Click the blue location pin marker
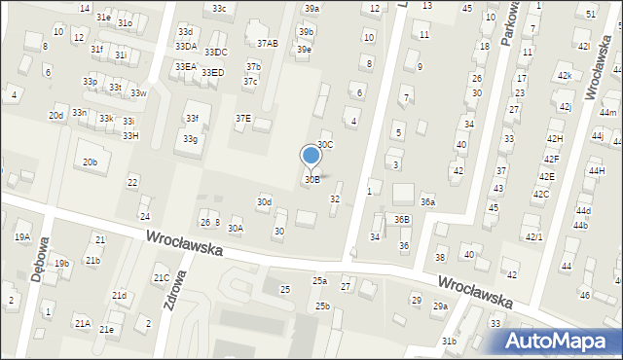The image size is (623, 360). coord(311,156)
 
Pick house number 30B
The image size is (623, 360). coord(311,179)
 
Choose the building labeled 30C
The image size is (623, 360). coord(325,144)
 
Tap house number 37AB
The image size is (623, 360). coord(267,43)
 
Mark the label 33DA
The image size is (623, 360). coord(186,46)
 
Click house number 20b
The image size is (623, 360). coord(90,162)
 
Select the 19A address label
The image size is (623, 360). coord(21,237)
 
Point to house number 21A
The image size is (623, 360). coord(82,323)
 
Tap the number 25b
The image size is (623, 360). coord(322,306)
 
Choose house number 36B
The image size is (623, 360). coord(402,220)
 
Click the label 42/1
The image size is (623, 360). coord(533,236)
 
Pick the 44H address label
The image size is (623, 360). coord(596,170)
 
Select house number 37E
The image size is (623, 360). coord(242,118)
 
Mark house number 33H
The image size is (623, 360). coord(129,135)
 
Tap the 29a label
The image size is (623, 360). coord(440,306)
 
